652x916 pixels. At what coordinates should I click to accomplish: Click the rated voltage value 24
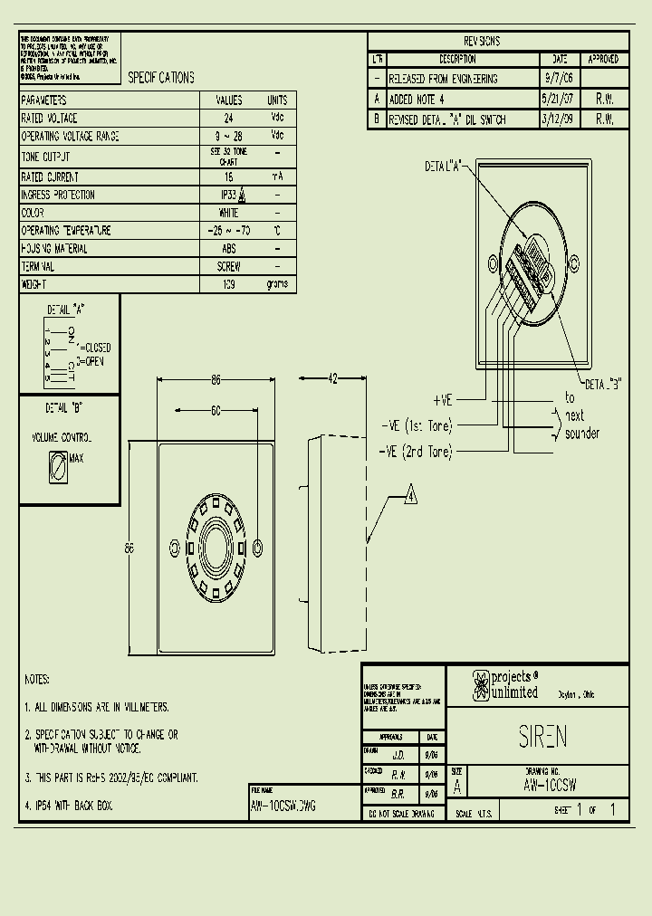(228, 119)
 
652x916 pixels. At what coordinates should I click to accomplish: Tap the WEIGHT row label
(34, 284)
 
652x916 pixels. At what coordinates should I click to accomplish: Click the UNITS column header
(277, 100)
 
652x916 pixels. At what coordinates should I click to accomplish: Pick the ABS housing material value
(228, 248)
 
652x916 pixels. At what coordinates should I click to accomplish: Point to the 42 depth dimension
(332, 379)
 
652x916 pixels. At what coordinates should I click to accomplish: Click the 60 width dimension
(216, 410)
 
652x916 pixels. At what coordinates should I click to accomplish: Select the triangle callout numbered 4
(410, 496)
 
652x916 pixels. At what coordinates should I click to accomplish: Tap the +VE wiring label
(443, 399)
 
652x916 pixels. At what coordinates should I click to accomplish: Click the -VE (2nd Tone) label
(416, 452)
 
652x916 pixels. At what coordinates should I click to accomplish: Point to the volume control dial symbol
(57, 468)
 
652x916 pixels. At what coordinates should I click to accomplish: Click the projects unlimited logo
(505, 685)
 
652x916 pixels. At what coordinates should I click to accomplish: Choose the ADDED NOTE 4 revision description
(417, 99)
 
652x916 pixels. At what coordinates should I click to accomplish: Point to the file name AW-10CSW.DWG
(283, 805)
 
